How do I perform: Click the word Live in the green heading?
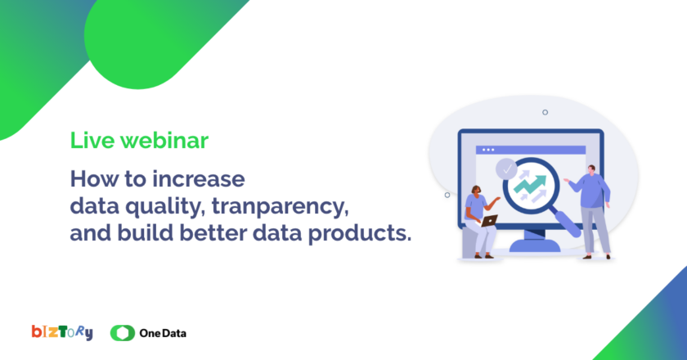click(91, 140)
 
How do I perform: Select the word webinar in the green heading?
click(164, 140)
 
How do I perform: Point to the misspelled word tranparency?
click(281, 206)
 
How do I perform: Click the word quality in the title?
click(165, 206)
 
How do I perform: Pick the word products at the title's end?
click(360, 233)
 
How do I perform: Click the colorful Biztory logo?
click(62, 333)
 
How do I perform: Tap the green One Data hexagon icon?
click(122, 333)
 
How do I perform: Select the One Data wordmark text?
click(163, 333)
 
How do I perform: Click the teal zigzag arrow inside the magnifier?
click(530, 184)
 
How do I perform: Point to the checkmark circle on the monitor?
click(506, 169)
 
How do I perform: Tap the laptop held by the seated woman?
click(489, 221)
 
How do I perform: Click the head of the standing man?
click(591, 169)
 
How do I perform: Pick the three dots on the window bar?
click(488, 150)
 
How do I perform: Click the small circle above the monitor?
click(545, 112)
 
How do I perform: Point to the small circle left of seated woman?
click(447, 195)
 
